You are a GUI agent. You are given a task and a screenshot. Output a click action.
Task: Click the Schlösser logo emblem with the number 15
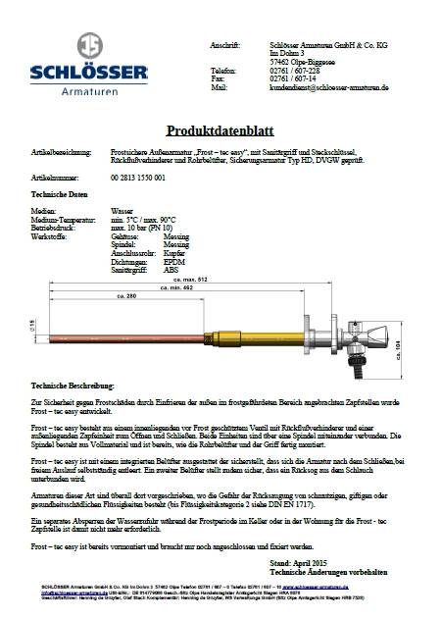click(88, 45)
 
